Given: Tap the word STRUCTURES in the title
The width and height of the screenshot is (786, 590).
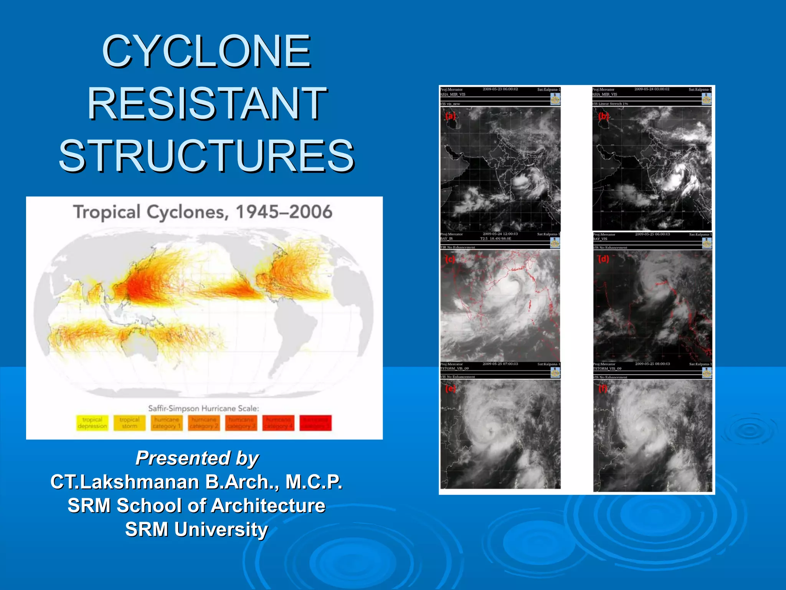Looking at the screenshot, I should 206,156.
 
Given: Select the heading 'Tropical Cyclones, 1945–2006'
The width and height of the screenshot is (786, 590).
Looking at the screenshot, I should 203,212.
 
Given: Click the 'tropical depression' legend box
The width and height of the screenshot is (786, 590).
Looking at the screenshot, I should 92,423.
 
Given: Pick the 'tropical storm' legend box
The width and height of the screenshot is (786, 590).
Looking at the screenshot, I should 129,423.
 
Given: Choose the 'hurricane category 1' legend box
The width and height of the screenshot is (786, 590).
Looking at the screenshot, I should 167,423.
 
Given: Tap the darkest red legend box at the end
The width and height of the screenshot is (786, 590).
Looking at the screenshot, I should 315,423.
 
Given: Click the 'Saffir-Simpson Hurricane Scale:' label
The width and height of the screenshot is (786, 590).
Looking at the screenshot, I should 203,408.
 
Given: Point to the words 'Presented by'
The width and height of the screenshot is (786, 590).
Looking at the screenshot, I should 197,458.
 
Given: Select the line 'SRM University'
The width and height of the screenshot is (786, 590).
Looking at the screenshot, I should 196,529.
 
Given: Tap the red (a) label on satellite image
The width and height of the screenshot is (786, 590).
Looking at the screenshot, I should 450,116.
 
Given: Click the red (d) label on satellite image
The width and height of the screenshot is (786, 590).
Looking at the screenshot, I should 603,259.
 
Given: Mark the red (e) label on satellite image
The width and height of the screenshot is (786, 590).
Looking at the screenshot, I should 450,388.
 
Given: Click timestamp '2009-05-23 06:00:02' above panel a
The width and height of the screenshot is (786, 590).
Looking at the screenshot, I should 500,89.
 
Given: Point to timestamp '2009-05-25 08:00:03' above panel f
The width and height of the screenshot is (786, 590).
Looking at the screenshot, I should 652,364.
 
